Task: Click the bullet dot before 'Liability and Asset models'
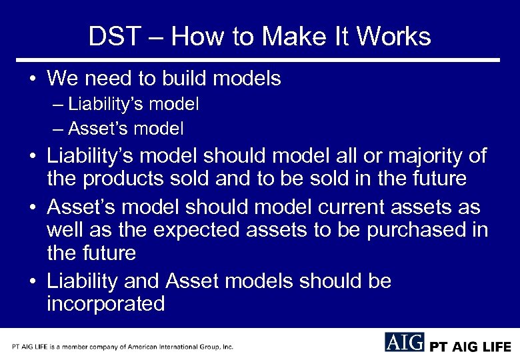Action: click(x=32, y=282)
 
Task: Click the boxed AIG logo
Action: click(x=404, y=342)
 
